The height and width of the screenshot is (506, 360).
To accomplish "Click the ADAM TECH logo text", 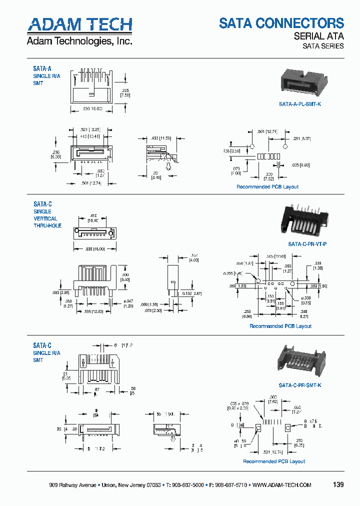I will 79,24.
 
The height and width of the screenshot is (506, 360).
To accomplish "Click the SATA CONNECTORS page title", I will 281,23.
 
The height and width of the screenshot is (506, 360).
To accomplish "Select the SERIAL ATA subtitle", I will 318,36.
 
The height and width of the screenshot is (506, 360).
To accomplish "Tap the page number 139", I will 337,485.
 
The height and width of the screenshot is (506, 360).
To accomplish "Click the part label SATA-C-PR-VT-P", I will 307,243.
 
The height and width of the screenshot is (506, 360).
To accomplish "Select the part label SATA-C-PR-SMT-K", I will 299,385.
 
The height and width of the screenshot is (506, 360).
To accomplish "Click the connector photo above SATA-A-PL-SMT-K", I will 300,82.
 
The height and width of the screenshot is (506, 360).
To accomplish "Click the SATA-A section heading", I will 42,68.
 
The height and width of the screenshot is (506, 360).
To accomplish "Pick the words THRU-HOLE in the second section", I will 47,225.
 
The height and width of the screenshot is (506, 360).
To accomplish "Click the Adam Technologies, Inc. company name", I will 79,41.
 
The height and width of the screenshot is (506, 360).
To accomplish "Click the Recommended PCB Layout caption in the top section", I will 267,186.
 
